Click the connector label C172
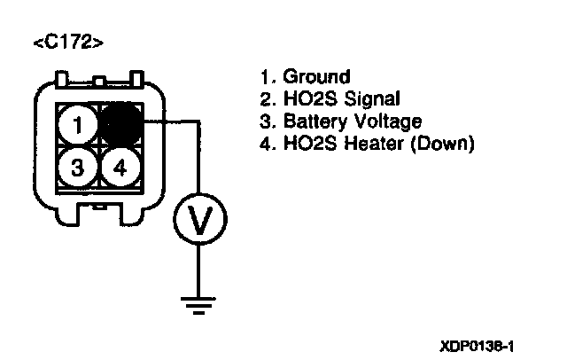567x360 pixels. pos(66,42)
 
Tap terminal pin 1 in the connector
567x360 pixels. pos(79,124)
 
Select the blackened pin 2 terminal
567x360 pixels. pos(120,124)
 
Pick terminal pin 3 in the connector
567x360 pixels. pos(79,166)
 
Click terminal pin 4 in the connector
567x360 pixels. pos(120,166)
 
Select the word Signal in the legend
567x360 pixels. pos(369,98)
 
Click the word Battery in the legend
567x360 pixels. pos(315,121)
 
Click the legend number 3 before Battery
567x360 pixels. pos(268,121)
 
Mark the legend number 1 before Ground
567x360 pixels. pos(268,77)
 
